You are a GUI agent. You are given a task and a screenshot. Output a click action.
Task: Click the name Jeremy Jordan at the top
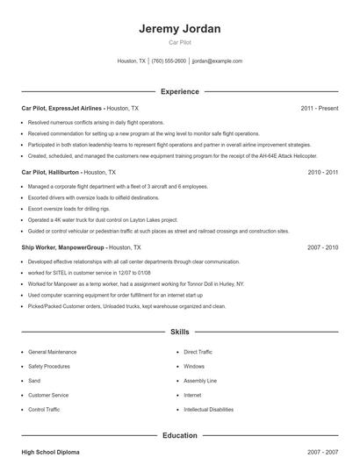179,28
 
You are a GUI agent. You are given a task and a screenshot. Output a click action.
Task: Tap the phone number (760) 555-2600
169,61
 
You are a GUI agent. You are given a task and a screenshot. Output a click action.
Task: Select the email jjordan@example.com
217,61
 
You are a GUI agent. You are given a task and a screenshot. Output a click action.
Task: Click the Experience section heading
179,91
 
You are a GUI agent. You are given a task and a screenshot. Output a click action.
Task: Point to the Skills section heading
179,333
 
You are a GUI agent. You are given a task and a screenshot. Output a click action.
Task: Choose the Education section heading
179,435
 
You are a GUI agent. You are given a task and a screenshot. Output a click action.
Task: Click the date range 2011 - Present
319,108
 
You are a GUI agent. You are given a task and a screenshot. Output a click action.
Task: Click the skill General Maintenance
52,352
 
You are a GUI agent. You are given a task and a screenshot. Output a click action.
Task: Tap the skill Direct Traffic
198,352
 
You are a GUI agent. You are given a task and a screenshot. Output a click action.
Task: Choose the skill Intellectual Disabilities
208,410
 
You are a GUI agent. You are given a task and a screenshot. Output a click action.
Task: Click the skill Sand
34,381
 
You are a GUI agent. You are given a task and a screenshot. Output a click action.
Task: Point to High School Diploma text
50,452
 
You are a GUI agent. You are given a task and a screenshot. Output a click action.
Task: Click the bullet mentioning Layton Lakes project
103,219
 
